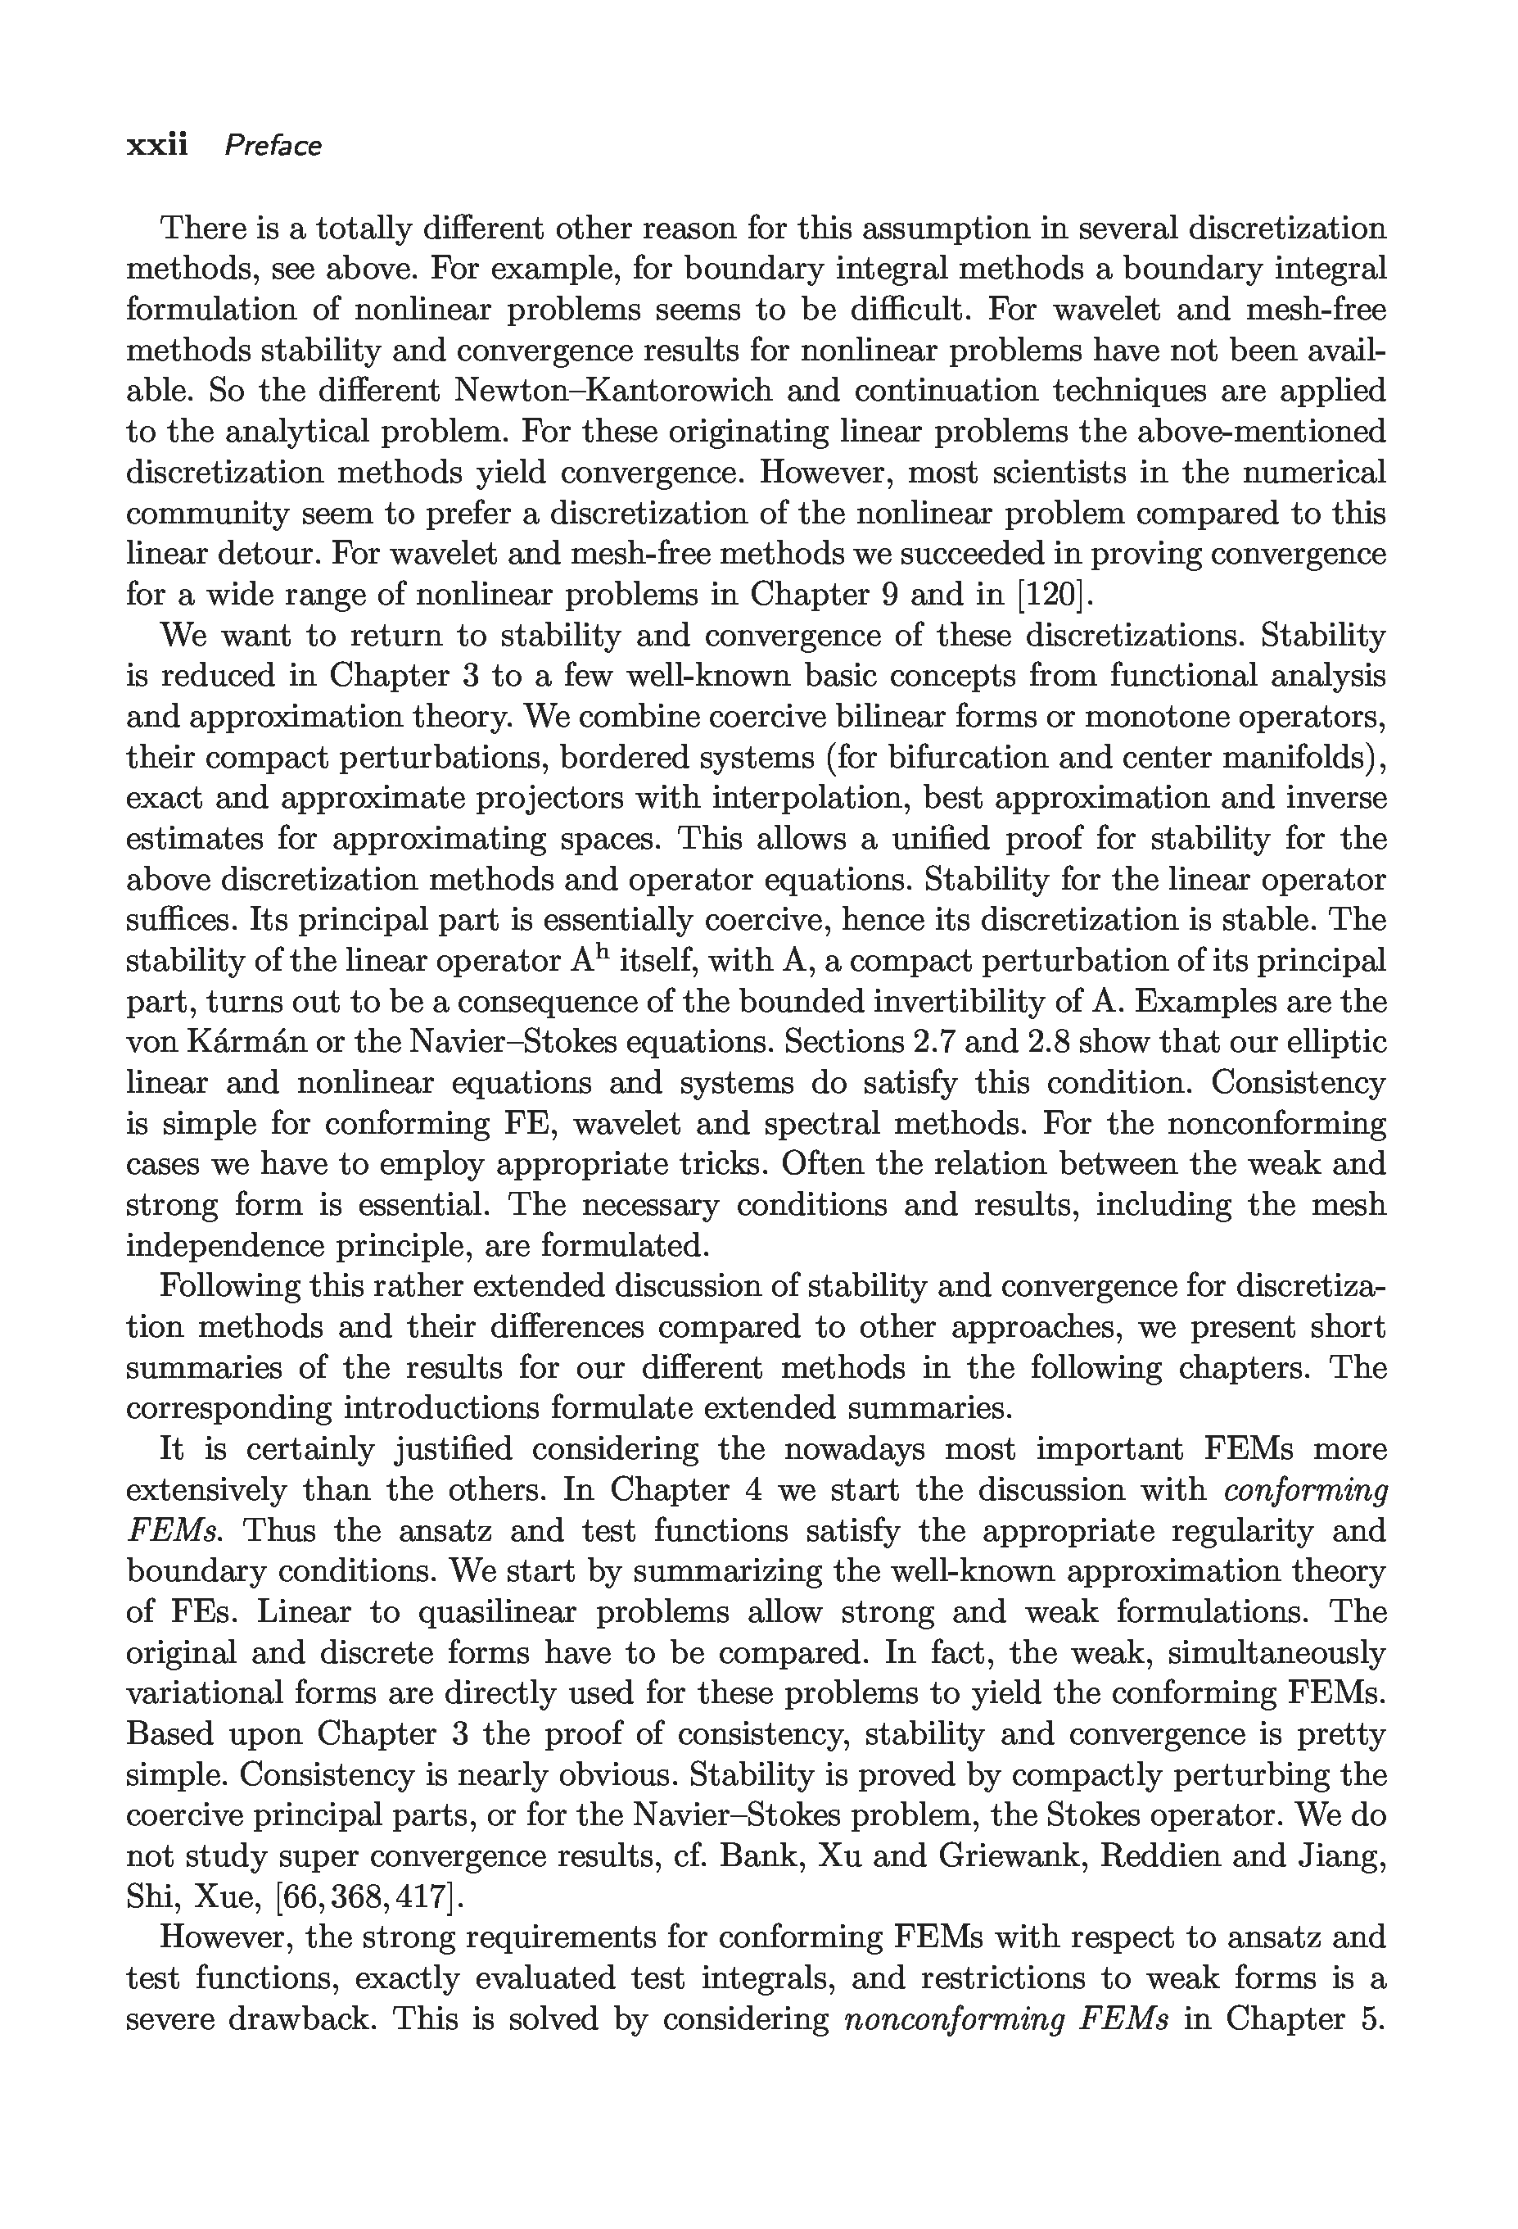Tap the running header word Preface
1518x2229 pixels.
point(273,146)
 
